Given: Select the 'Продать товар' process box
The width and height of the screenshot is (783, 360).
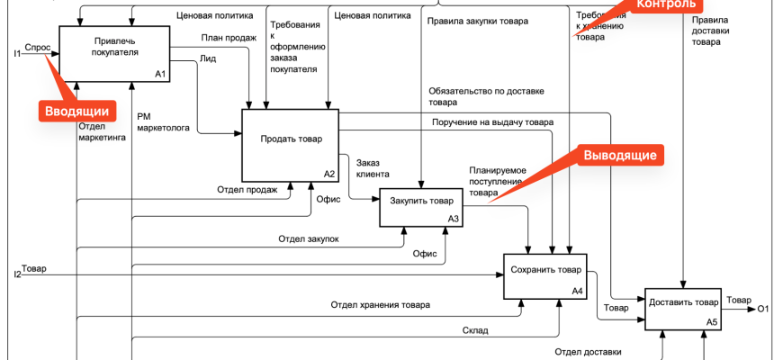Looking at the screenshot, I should (290, 143).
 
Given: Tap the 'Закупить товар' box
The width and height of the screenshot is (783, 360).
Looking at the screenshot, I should (421, 207).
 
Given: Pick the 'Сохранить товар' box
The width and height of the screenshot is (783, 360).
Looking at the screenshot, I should (544, 275).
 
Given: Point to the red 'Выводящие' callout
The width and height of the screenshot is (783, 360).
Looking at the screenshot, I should (619, 155).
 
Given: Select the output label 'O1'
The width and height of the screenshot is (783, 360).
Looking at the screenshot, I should (763, 310).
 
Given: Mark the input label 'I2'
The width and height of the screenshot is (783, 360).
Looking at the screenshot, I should (17, 274).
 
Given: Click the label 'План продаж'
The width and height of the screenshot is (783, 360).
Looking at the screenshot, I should (224, 39).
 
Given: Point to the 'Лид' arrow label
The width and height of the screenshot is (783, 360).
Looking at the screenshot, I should (208, 58).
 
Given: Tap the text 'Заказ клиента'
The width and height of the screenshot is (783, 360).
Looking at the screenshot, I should (373, 167).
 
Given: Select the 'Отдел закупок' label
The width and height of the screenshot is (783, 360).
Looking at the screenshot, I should (308, 239).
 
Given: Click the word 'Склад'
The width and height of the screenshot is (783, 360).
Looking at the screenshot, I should (475, 330).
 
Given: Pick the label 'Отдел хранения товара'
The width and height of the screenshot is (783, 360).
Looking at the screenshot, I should (380, 305).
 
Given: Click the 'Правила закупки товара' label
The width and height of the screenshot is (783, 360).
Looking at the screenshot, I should (478, 21).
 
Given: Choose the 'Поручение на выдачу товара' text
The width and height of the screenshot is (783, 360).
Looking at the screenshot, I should (492, 122).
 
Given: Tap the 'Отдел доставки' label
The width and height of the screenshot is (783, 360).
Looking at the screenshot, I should (587, 352).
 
